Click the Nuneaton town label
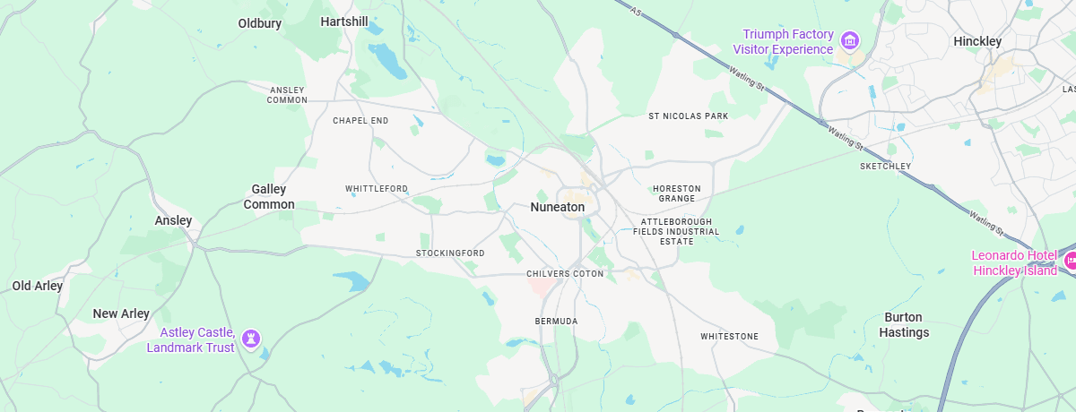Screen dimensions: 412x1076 (557, 207)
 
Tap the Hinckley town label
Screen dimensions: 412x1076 (977, 41)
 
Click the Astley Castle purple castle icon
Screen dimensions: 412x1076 (252, 339)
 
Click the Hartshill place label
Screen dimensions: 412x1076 (344, 21)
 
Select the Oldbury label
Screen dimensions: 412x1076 (260, 22)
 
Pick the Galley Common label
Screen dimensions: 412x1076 (269, 196)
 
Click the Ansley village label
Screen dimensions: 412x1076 (173, 220)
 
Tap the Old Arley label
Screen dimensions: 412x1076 (38, 286)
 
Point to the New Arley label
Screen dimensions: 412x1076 (121, 313)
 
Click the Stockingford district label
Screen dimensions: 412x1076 (450, 253)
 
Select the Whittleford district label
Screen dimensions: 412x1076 (377, 188)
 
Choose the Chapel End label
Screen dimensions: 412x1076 (360, 120)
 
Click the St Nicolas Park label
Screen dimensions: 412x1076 (689, 116)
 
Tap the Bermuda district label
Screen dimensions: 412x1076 (556, 321)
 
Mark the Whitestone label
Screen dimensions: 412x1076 (729, 336)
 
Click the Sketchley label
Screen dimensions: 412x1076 (885, 166)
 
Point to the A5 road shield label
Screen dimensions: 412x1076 (637, 12)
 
